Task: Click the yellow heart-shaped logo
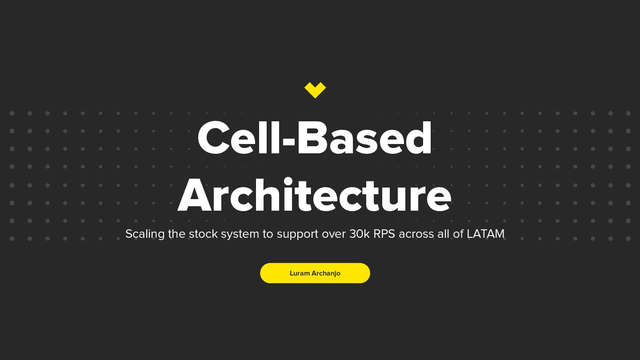click(315, 90)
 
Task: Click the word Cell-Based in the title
click(315, 138)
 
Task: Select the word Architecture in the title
click(315, 196)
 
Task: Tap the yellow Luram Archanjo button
click(315, 273)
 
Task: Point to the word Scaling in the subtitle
click(145, 234)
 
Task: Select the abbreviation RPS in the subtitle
click(384, 234)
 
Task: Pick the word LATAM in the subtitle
click(485, 234)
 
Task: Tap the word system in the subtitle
click(240, 234)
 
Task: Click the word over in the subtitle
click(334, 234)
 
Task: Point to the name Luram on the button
click(300, 273)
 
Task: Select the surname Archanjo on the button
click(326, 273)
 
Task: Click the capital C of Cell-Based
click(216, 138)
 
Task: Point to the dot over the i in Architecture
click(288, 181)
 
